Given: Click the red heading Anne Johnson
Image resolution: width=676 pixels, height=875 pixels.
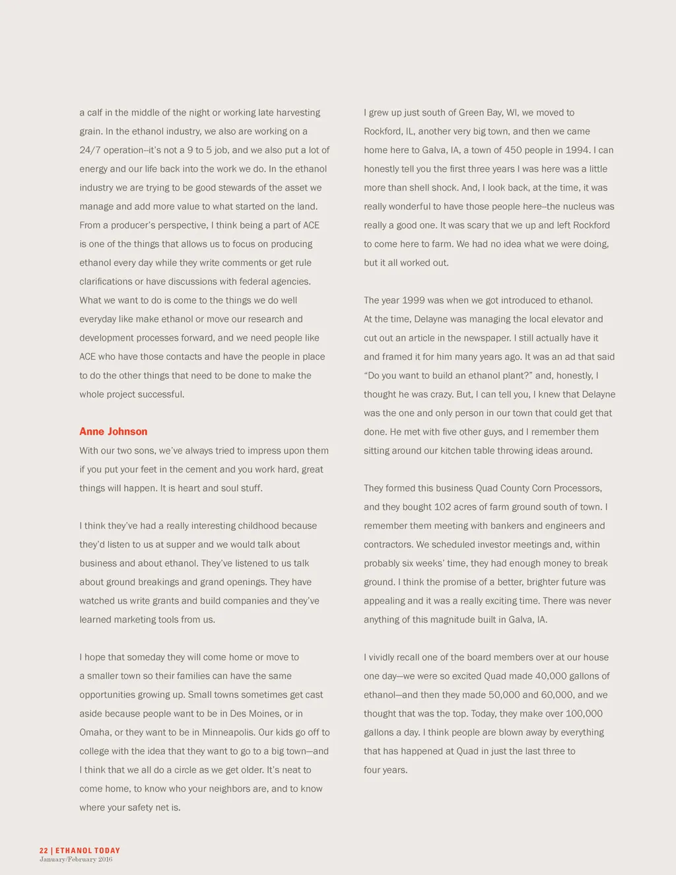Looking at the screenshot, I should pyautogui.click(x=113, y=431).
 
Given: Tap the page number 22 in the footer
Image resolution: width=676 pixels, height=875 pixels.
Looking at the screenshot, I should pyautogui.click(x=44, y=851).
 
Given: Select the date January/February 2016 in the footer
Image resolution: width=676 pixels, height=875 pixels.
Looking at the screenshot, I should pyautogui.click(x=76, y=859).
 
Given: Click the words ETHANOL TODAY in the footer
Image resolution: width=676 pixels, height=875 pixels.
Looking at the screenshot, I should pyautogui.click(x=88, y=851).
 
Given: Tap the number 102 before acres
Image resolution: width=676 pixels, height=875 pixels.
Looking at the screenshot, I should pyautogui.click(x=442, y=507).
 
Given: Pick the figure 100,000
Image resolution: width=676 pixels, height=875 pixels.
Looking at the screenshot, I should pyautogui.click(x=584, y=713).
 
